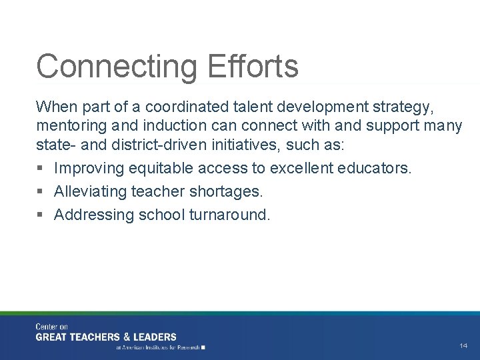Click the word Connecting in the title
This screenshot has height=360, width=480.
117,67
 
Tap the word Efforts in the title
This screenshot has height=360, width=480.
253,67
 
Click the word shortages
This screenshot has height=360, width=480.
229,192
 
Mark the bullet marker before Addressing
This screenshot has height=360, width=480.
41,215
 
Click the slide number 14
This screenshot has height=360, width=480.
463,345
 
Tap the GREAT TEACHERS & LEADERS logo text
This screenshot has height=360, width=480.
106,337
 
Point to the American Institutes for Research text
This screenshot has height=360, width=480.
160,347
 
